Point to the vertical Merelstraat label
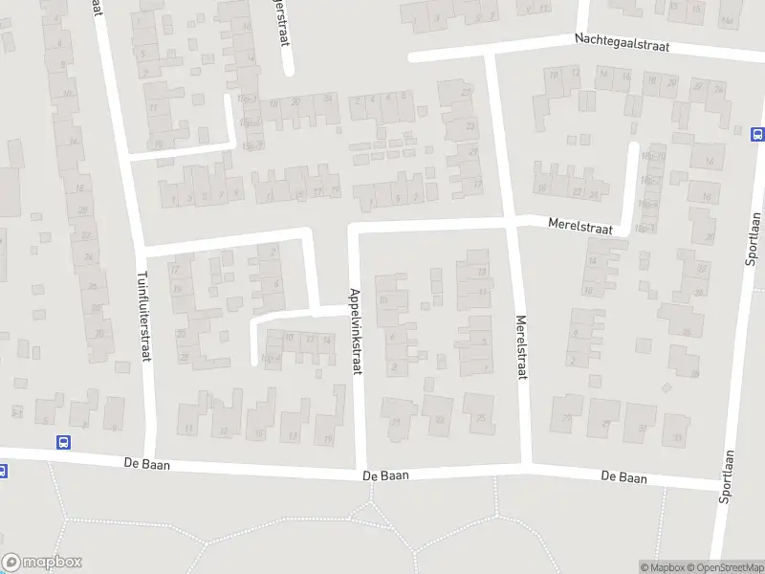pos(522,347)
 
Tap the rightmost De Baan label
pos(623,476)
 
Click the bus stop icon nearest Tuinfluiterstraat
pos(63,442)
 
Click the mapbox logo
pos(41,563)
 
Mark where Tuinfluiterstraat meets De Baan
pos(151,459)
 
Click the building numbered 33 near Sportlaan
pos(677,437)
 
